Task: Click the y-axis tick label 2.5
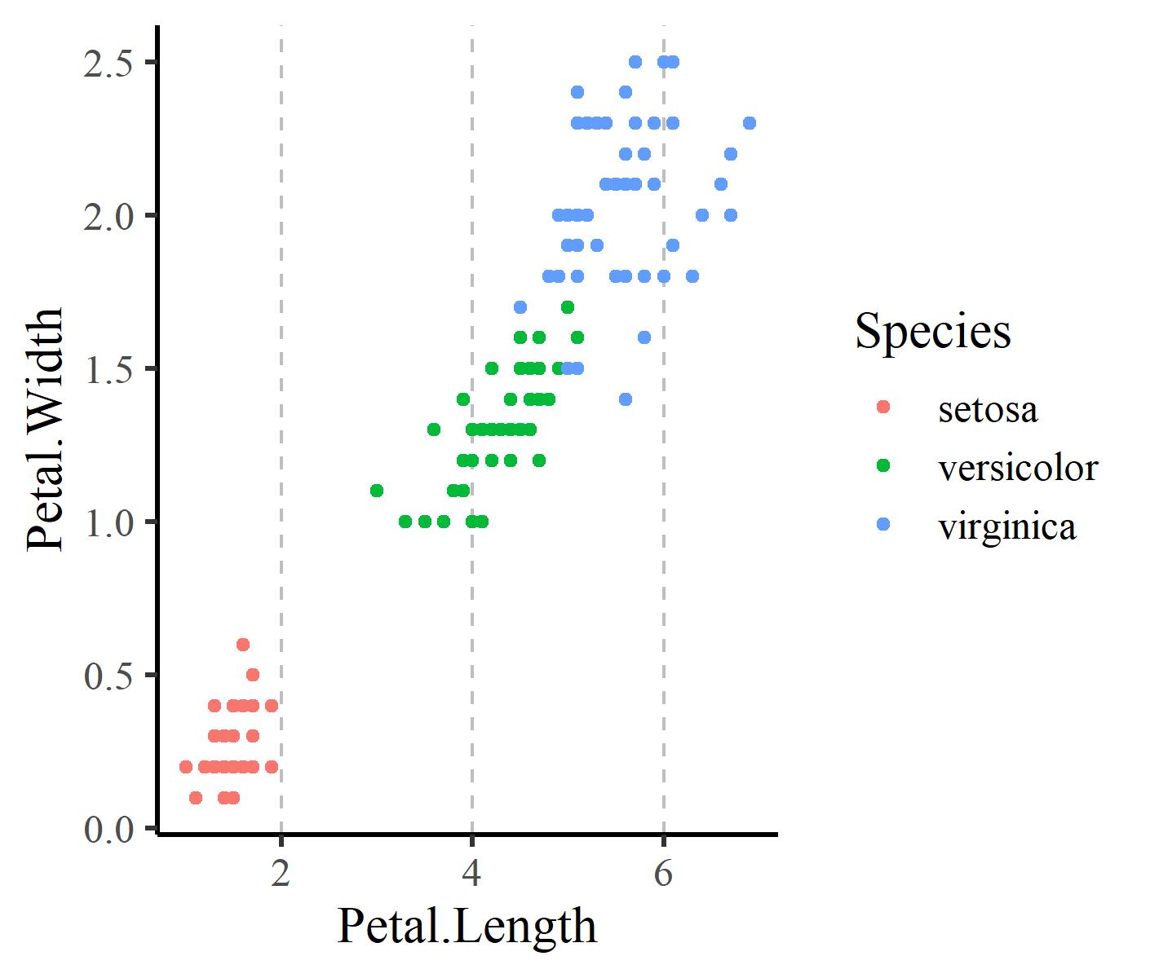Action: coord(108,63)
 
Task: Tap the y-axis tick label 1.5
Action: coord(108,369)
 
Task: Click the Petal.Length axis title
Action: coord(467,926)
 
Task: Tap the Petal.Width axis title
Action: coord(46,430)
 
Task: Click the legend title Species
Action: coord(932,331)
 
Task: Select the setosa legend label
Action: coord(988,408)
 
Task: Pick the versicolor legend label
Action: coord(1018,468)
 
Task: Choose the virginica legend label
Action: coord(1007,526)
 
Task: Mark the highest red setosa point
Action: coord(242,645)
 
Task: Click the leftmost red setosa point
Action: coord(186,767)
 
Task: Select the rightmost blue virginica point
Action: coord(750,123)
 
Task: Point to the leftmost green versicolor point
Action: coord(376,491)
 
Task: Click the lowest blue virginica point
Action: coord(626,399)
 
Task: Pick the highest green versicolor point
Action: coord(568,307)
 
